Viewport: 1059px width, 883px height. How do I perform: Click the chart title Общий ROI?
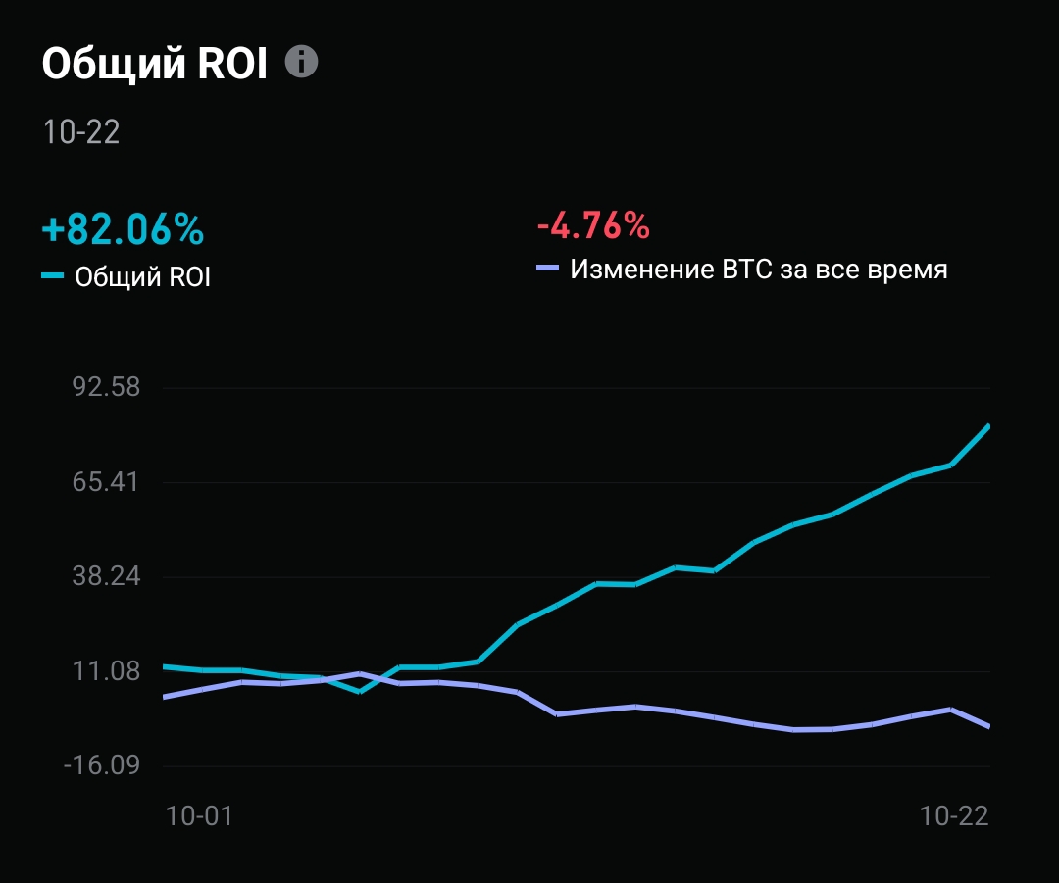point(154,64)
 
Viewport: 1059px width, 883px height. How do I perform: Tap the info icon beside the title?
point(302,62)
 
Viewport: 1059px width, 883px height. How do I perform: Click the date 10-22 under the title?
point(81,132)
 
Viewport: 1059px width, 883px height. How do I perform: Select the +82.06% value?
point(123,229)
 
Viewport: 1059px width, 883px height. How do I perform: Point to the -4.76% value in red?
point(593,226)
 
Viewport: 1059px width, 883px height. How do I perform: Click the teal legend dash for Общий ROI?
point(53,277)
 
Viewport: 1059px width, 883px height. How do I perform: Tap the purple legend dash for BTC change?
point(547,268)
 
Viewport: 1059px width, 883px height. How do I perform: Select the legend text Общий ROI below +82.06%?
point(143,277)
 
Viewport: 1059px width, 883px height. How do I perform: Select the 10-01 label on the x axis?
point(199,816)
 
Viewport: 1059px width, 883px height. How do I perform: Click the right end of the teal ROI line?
point(988,426)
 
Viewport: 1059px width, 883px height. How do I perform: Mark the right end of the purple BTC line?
point(988,726)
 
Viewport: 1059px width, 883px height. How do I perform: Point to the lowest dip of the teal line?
point(360,691)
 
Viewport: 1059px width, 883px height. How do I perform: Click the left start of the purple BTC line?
point(165,697)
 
